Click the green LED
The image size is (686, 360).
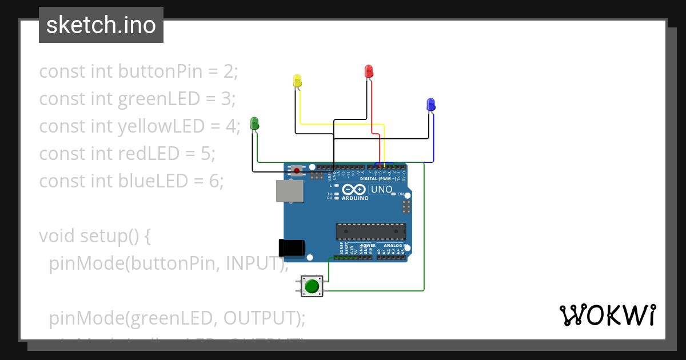click(x=254, y=123)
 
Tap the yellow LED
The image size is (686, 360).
click(x=297, y=81)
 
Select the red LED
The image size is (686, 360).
click(x=369, y=71)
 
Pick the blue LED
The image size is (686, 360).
click(x=430, y=105)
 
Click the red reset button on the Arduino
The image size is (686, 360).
click(x=297, y=170)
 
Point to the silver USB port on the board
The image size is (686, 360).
click(x=289, y=191)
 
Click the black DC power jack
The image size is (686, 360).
click(x=292, y=247)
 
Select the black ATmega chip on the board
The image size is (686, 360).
click(x=370, y=231)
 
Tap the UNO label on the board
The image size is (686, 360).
click(x=381, y=190)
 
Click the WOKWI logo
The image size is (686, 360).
click(x=607, y=315)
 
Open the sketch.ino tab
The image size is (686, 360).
click(x=101, y=25)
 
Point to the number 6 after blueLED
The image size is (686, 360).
click(x=214, y=181)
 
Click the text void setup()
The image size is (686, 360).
click(x=94, y=235)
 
